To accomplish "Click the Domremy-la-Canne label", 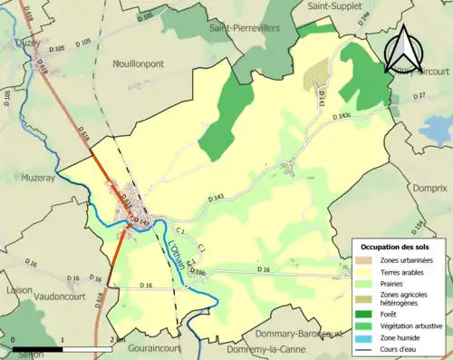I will pyautogui.click(x=258, y=349).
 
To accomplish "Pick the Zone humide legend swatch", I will pyautogui.click(x=366, y=337).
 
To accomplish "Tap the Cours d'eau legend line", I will pyautogui.click(x=366, y=349).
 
